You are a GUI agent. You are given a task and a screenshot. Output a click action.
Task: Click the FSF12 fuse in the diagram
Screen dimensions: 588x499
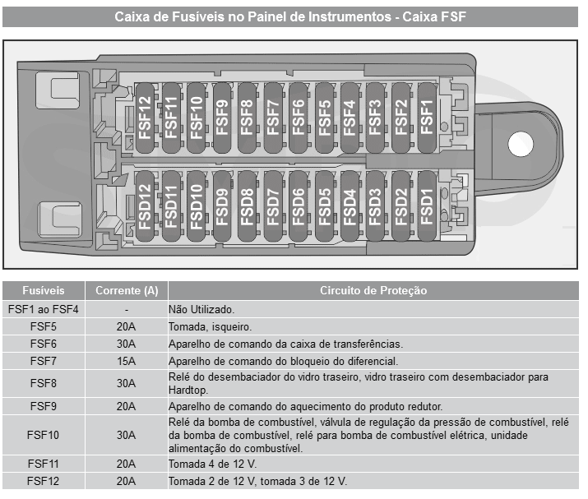(145, 118)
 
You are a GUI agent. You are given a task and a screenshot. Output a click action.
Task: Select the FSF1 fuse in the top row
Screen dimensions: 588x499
(427, 118)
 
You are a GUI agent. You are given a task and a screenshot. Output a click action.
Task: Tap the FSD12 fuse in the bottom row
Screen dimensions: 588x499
(145, 206)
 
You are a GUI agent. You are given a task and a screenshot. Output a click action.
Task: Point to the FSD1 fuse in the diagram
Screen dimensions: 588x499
(427, 206)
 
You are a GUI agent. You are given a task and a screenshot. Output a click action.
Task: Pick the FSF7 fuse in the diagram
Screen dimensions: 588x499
(273, 118)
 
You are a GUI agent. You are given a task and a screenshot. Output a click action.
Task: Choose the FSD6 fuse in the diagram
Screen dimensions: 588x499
(299, 206)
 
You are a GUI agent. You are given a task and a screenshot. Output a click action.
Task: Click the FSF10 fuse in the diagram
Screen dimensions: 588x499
(196, 118)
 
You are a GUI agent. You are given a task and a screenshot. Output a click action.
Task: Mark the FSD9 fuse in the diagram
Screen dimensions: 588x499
(222, 206)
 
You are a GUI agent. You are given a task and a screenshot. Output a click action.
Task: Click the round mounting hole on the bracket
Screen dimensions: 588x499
(520, 144)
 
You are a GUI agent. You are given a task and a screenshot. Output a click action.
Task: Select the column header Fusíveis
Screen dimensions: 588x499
(44, 290)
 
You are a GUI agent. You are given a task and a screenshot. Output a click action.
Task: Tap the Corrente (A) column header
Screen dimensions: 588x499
(127, 290)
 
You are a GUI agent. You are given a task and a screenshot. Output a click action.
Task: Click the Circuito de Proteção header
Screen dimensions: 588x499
(373, 290)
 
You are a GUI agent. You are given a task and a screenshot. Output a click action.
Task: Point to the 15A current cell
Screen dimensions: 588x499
(126, 361)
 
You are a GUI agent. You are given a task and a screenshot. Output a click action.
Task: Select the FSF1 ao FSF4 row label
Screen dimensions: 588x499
(44, 309)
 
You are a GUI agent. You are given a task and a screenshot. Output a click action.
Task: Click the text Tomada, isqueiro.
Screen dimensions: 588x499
(210, 327)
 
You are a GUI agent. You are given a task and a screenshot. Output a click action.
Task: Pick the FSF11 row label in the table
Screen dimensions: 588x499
(44, 464)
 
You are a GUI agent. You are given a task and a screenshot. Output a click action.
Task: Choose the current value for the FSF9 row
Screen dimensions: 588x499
(126, 406)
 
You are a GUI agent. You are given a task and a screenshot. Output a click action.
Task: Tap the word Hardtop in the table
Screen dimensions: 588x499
(188, 390)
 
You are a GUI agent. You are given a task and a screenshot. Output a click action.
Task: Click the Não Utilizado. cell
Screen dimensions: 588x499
(201, 309)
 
